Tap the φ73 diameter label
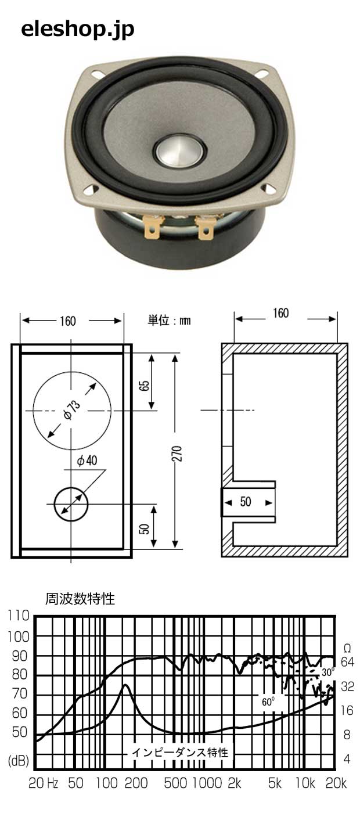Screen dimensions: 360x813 click(x=72, y=410)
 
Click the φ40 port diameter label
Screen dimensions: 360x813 click(x=87, y=461)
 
